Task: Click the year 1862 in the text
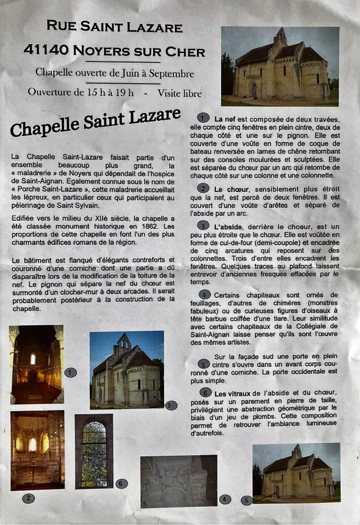tap(152, 226)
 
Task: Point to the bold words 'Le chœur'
tap(228, 189)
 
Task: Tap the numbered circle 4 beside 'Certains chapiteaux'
tap(204, 295)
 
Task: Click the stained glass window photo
tap(94, 451)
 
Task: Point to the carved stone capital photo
tap(178, 481)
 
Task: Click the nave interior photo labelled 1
tap(36, 364)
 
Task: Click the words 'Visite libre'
tap(179, 93)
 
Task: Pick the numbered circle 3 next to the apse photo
tap(171, 405)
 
